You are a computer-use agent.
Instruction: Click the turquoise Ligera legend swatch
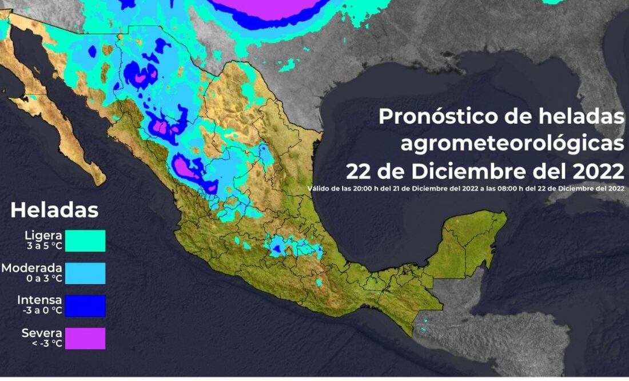85,240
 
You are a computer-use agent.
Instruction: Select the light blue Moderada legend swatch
85,273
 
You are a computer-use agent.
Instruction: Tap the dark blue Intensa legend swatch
85,305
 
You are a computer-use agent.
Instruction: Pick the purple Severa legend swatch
85,338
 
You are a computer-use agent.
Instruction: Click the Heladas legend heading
54,210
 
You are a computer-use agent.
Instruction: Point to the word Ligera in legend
43,235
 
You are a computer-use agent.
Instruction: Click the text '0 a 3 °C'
42,279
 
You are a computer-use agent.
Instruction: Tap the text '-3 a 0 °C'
41,311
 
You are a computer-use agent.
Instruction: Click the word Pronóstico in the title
434,117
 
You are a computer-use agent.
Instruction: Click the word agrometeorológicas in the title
512,144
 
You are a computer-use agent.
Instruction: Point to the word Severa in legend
42,333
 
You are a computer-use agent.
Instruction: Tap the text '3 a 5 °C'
44,247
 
